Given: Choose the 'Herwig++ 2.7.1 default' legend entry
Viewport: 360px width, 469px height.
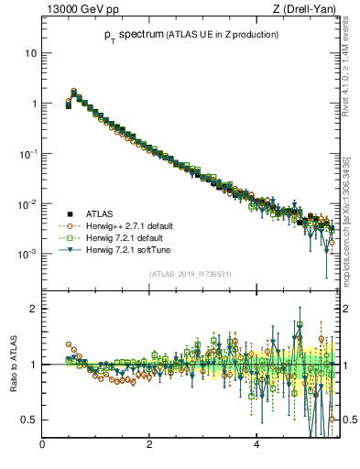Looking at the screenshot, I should pos(128,225).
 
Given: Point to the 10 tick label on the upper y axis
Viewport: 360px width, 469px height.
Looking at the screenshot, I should pos(30,53).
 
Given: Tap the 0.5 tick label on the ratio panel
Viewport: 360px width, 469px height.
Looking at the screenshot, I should pos(29,420).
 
